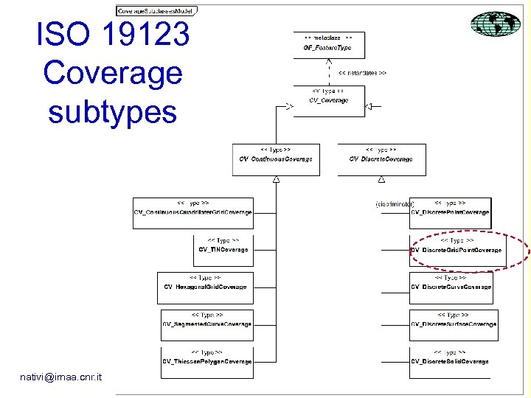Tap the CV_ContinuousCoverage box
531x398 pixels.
click(276, 158)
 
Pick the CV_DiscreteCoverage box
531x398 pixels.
click(381, 158)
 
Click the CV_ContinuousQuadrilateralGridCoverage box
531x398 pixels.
click(193, 213)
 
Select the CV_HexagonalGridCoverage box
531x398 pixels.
click(205, 287)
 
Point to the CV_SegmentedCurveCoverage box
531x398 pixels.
click(206, 324)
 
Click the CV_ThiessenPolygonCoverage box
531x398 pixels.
click(206, 361)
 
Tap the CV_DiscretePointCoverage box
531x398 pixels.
click(450, 213)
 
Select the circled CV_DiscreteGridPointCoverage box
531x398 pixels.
click(457, 250)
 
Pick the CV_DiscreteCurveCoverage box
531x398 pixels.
click(451, 287)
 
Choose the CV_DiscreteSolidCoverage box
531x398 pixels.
click(450, 361)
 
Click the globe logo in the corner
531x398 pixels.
click(496, 24)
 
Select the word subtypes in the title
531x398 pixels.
click(112, 112)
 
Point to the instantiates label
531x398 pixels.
click(362, 73)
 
